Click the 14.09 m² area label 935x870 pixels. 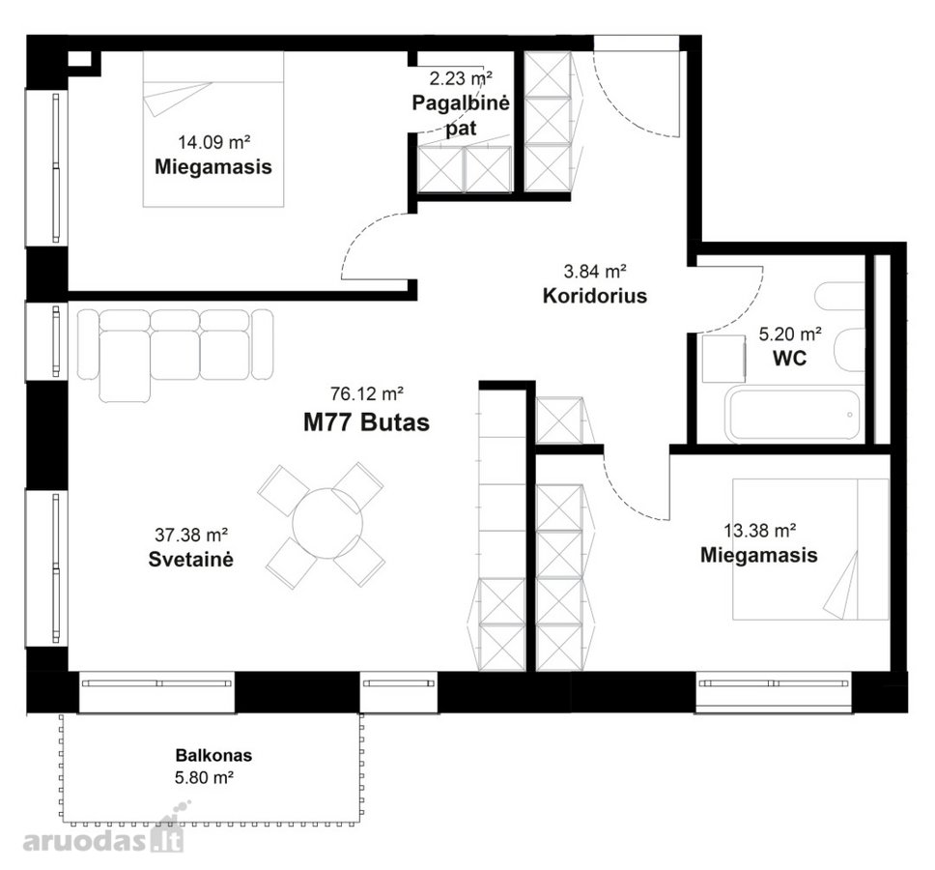point(213,142)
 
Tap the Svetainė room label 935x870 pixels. point(191,559)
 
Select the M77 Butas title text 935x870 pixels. point(366,421)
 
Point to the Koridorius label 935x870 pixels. point(594,296)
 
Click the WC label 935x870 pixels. point(789,358)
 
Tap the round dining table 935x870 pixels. point(327,523)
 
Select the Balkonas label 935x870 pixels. point(213,755)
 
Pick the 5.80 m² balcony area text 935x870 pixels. point(204,777)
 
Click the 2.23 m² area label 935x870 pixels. point(461,78)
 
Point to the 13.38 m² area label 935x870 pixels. point(760,530)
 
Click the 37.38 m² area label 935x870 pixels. point(191,534)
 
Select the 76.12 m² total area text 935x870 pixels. point(367,393)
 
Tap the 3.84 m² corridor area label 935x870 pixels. point(594,271)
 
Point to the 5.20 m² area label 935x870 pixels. point(790,333)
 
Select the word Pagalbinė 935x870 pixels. point(461,103)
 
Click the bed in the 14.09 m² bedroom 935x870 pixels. point(213,130)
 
